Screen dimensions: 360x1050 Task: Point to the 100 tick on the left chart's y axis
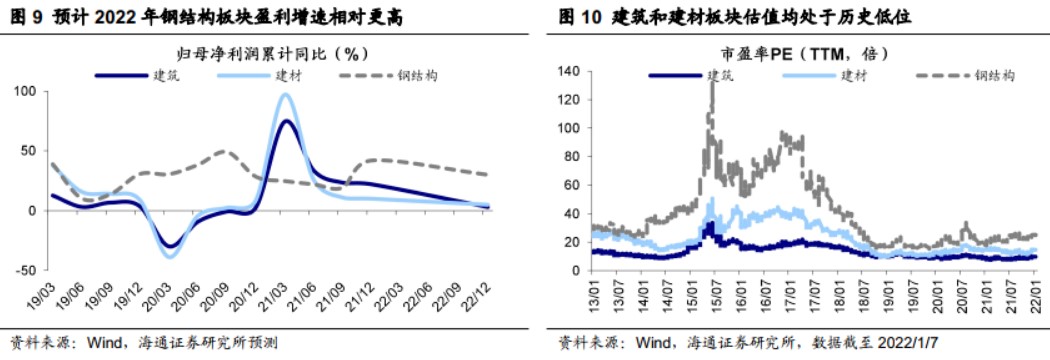[20, 92]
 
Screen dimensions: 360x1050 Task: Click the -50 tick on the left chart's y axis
[20, 270]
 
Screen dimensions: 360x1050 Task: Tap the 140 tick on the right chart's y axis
[569, 72]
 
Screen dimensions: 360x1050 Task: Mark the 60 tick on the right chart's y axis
[573, 185]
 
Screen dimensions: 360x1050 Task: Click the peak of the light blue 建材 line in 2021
[285, 95]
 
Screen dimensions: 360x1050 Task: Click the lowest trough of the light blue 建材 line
[169, 257]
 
